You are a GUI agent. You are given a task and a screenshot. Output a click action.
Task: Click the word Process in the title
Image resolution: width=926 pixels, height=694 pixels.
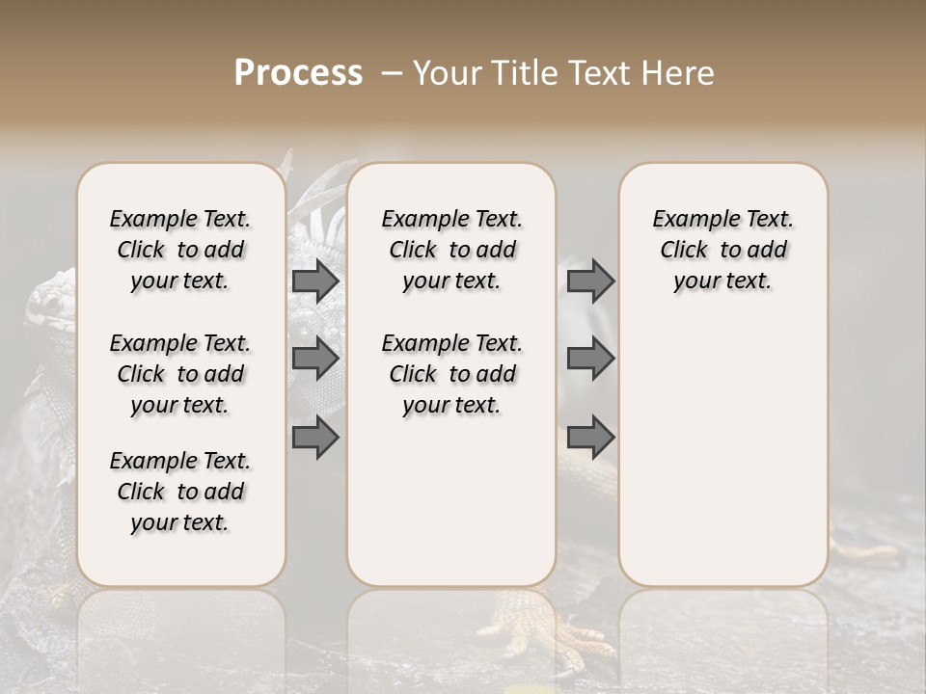(x=298, y=73)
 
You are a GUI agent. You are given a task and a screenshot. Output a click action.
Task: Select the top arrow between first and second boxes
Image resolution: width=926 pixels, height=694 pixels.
(x=314, y=280)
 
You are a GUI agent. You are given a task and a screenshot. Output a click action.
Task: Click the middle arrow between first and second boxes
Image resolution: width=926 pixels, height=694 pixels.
(x=314, y=359)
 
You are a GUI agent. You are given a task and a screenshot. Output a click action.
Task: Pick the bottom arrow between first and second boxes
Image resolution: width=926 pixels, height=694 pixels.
(x=314, y=438)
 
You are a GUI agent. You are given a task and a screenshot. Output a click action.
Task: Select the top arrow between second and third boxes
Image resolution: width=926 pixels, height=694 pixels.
(x=590, y=280)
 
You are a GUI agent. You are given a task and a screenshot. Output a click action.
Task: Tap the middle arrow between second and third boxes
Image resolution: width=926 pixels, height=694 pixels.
(x=590, y=359)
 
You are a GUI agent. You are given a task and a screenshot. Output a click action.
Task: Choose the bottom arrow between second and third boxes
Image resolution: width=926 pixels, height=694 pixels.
(x=590, y=438)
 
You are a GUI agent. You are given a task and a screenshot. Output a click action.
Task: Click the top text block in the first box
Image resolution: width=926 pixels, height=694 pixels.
(x=180, y=250)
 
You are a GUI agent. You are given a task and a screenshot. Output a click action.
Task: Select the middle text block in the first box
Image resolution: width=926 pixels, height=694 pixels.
(x=180, y=374)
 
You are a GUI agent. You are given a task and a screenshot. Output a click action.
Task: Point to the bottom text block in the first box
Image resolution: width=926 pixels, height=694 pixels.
(x=180, y=492)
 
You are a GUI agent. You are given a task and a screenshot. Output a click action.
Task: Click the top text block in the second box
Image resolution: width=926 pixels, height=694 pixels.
(x=451, y=250)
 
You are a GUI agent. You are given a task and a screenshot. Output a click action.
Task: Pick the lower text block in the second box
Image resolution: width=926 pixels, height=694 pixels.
(x=451, y=374)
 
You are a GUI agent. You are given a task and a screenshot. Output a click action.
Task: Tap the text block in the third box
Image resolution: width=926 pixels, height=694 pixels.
(x=722, y=250)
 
